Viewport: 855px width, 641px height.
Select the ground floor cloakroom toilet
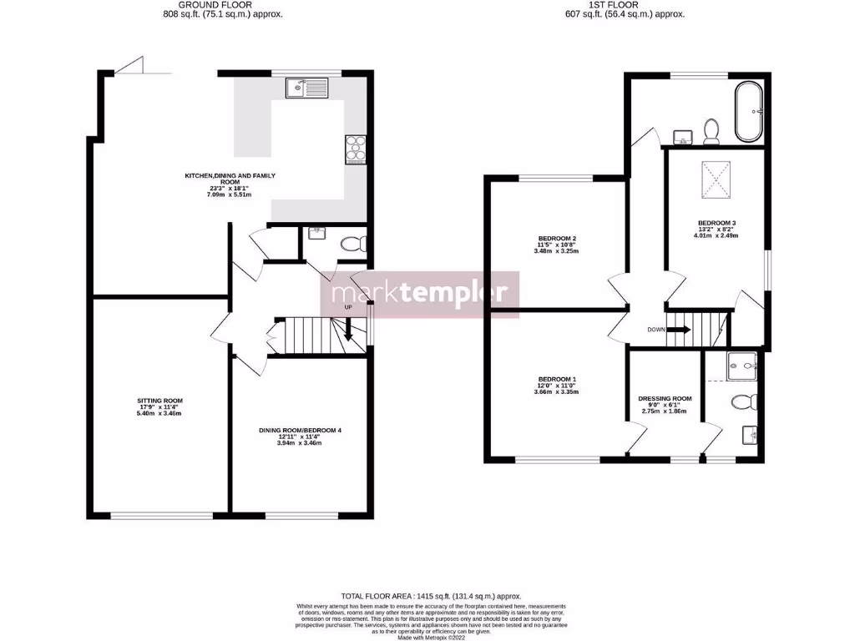(x=355, y=244)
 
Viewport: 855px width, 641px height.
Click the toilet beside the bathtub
(x=712, y=131)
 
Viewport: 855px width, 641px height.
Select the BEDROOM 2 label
(x=557, y=238)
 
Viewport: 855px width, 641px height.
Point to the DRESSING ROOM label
(x=665, y=399)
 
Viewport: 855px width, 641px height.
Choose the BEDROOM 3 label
(x=716, y=223)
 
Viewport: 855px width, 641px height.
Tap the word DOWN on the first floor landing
(x=656, y=329)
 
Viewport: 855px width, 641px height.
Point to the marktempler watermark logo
(x=420, y=294)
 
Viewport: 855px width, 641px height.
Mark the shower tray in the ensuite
(x=741, y=362)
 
